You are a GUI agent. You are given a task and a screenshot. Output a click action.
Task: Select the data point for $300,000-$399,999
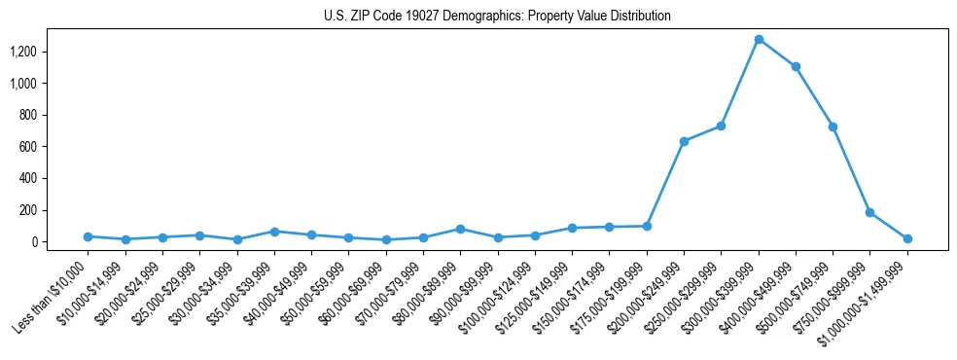759,39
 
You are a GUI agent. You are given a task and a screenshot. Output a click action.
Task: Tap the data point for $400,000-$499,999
796,66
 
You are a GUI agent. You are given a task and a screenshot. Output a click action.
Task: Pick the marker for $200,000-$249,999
684,141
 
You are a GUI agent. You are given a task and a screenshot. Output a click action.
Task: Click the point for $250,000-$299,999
721,126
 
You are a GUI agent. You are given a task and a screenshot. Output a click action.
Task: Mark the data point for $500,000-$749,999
833,126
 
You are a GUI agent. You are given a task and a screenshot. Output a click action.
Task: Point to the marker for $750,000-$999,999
869,212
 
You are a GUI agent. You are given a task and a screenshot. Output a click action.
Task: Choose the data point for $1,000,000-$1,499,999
907,238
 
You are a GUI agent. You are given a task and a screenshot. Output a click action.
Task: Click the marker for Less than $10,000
88,236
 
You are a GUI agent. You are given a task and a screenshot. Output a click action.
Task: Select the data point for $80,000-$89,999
460,229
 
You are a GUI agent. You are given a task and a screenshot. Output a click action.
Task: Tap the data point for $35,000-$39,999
274,232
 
